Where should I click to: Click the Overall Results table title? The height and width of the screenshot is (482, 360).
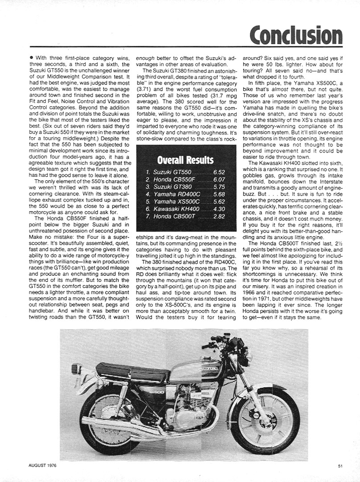[186, 160]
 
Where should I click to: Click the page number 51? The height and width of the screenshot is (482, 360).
[340, 466]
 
